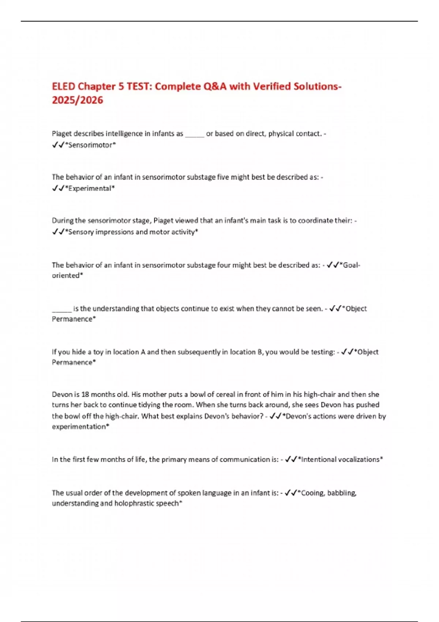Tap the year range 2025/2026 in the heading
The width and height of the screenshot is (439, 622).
pyautogui.click(x=78, y=100)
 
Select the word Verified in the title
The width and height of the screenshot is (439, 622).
pyautogui.click(x=275, y=86)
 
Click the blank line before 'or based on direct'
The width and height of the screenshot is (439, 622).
pyautogui.click(x=195, y=134)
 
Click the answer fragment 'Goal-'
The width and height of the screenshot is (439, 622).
pyautogui.click(x=351, y=265)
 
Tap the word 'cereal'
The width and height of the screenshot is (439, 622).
pyautogui.click(x=226, y=394)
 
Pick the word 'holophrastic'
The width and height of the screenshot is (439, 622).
pyautogui.click(x=136, y=503)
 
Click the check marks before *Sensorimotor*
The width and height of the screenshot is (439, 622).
pyautogui.click(x=58, y=145)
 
